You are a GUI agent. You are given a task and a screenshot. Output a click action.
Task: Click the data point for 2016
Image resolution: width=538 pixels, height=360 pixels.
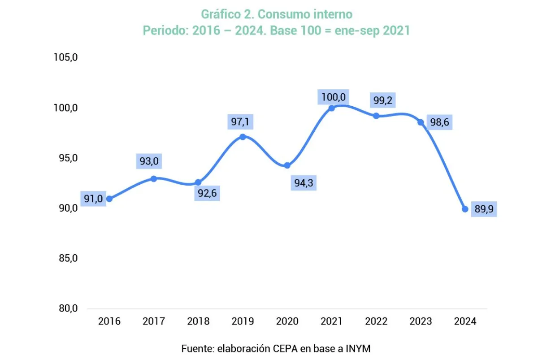109,199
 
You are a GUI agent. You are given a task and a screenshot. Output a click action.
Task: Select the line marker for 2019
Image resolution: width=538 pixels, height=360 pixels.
243,137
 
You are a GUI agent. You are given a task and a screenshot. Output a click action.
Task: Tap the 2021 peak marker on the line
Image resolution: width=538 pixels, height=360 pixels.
332,108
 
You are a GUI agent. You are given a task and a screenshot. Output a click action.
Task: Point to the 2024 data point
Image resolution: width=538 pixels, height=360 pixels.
465,209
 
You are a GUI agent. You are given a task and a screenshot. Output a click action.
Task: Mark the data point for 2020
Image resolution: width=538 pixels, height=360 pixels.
287,165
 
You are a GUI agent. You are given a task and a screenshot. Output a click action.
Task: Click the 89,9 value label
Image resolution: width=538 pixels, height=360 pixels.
484,209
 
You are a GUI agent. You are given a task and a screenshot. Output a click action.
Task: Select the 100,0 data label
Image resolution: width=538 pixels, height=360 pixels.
333,96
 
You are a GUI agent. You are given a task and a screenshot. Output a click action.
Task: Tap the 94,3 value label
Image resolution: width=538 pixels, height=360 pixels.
304,182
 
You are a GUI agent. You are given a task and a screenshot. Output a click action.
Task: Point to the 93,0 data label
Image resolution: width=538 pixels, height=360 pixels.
149,161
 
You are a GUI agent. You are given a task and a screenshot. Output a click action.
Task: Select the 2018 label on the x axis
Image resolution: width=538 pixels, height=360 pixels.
198,321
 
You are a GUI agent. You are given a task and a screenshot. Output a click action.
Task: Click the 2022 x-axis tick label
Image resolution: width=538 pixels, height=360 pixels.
376,321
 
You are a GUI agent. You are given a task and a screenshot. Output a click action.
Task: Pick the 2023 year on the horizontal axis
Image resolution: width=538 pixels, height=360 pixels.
421,321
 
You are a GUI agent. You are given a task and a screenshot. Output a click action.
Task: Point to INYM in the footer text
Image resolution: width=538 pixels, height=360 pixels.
358,348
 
